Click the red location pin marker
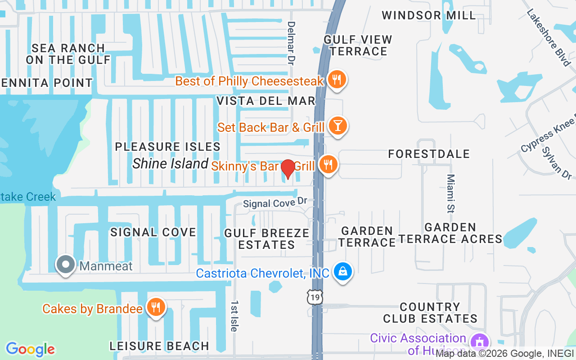pyautogui.click(x=288, y=169)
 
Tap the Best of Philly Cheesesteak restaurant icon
pyautogui.click(x=336, y=80)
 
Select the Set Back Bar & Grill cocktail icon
pyautogui.click(x=337, y=126)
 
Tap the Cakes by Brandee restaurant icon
pyautogui.click(x=156, y=307)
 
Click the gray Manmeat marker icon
pyautogui.click(x=66, y=265)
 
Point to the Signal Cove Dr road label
pyautogui.click(x=275, y=203)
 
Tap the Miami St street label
pyautogui.click(x=451, y=193)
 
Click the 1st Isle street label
pyautogui.click(x=234, y=316)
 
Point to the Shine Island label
pyautogui.click(x=170, y=163)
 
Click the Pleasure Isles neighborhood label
pyautogui.click(x=167, y=147)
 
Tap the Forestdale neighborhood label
pyautogui.click(x=429, y=154)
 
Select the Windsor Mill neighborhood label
pyautogui.click(x=428, y=15)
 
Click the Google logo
pyautogui.click(x=30, y=349)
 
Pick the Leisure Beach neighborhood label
pyautogui.click(x=159, y=346)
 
